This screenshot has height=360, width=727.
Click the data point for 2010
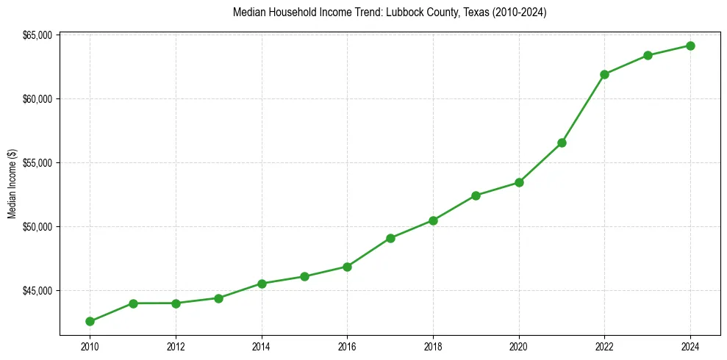90,321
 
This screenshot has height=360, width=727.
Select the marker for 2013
218,298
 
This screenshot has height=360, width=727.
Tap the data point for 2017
390,238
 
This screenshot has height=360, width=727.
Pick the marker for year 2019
476,195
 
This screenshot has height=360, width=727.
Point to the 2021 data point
562,143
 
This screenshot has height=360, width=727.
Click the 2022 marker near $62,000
604,74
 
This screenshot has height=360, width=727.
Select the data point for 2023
648,55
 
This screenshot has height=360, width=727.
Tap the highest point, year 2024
690,46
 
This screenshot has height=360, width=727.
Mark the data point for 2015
304,276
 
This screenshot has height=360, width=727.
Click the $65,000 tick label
37,35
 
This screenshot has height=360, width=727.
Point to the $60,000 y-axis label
37,99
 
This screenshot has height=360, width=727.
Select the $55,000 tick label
37,163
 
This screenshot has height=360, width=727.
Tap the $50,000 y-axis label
37,227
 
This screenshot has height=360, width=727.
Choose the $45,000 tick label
37,291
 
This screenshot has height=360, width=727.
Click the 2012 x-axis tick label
176,345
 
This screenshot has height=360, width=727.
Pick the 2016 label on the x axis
347,345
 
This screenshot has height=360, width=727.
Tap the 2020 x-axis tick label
519,345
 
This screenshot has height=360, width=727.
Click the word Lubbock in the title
401,12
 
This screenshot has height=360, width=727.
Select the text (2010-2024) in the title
519,12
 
